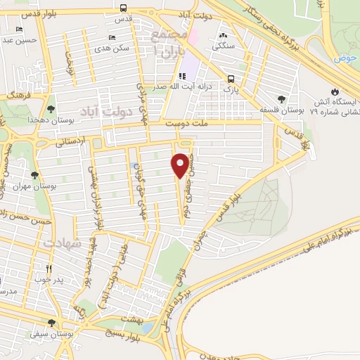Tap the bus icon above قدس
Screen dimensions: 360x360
tap(124, 8)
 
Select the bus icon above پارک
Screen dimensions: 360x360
tap(231, 79)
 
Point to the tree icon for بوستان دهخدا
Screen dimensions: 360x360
tap(51, 108)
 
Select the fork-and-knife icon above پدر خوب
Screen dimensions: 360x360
tap(49, 269)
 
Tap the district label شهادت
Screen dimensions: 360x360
tap(63, 242)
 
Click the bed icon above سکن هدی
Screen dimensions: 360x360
tap(112, 39)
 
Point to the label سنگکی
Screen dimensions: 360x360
tap(224, 44)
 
